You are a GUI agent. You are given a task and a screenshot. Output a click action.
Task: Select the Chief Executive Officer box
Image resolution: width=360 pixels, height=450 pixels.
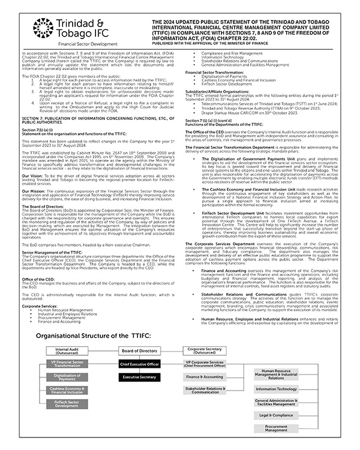tap(140, 364)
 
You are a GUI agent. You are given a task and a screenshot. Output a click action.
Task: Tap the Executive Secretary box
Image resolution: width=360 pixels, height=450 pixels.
tap(140, 377)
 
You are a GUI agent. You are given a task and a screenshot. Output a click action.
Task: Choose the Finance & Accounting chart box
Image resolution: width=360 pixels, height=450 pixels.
tap(204, 377)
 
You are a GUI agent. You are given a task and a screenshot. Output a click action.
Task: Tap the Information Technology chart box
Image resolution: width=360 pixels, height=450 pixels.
tap(275, 389)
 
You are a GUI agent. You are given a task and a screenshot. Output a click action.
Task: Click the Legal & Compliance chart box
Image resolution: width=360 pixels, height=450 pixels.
tap(275, 415)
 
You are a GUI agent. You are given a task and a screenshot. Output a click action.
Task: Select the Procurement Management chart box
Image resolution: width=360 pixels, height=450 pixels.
tap(275, 428)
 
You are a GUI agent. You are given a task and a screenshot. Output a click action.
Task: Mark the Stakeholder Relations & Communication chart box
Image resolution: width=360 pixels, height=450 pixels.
tap(204, 391)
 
